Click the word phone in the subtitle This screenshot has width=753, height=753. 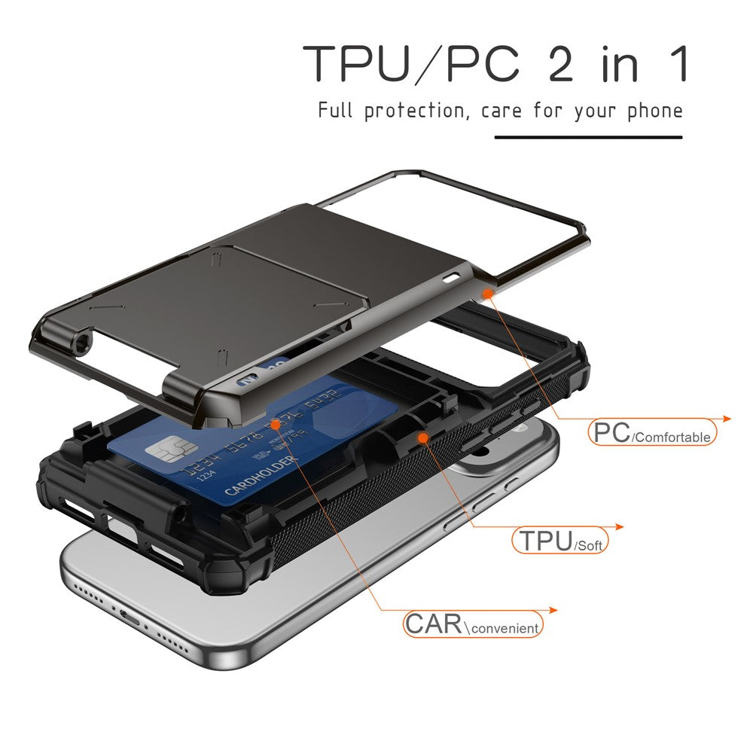[655, 111]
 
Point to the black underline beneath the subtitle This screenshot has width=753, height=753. [588, 137]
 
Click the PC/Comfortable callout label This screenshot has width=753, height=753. [652, 433]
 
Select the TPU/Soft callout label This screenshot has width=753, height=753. [560, 541]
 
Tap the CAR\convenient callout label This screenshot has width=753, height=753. [472, 624]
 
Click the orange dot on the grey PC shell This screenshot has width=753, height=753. [487, 292]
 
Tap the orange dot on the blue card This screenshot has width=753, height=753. [276, 425]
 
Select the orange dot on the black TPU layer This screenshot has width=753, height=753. [423, 437]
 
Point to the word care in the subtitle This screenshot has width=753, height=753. [502, 111]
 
